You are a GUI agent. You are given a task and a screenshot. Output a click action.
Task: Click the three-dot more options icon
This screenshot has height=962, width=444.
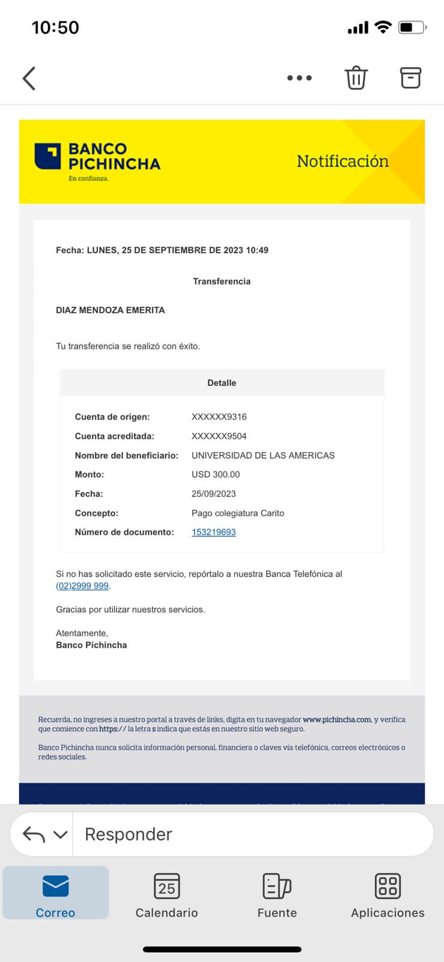pyautogui.click(x=299, y=78)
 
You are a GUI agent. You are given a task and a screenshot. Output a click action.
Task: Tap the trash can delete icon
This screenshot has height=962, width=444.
pyautogui.click(x=356, y=78)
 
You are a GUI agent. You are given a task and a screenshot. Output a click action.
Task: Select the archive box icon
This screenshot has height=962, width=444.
pyautogui.click(x=410, y=78)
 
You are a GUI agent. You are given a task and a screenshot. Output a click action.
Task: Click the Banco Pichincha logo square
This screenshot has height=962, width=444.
pyautogui.click(x=47, y=156)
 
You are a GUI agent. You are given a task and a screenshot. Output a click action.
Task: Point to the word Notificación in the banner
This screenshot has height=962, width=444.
pyautogui.click(x=342, y=161)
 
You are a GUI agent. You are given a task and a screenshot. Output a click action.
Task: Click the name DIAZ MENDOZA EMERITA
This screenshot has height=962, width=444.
pyautogui.click(x=111, y=310)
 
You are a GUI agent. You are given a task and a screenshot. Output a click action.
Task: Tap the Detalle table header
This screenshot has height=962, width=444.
pyautogui.click(x=222, y=383)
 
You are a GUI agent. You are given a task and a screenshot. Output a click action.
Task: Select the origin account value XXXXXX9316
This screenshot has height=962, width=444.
pyautogui.click(x=219, y=417)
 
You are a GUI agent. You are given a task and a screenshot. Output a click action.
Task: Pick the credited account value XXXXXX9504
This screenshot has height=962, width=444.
pyautogui.click(x=219, y=436)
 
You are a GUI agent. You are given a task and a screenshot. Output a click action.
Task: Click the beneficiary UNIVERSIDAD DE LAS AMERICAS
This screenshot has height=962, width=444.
pyautogui.click(x=263, y=455)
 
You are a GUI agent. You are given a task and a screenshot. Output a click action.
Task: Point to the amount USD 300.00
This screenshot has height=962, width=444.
pyautogui.click(x=216, y=474)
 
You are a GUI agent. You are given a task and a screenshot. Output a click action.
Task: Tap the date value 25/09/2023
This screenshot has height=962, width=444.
pyautogui.click(x=214, y=494)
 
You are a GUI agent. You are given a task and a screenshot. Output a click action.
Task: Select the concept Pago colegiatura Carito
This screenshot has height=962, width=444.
pyautogui.click(x=238, y=513)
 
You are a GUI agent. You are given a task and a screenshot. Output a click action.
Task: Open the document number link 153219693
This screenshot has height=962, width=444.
pyautogui.click(x=214, y=532)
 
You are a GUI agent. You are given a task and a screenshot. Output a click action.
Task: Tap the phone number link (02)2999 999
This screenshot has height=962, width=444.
pyautogui.click(x=82, y=586)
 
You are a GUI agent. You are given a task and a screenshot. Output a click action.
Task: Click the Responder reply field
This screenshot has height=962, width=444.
pyautogui.click(x=252, y=834)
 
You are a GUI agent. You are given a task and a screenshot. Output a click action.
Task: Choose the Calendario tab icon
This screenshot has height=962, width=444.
pyautogui.click(x=166, y=886)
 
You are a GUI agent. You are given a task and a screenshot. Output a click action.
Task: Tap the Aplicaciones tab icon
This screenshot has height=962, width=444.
pyautogui.click(x=388, y=886)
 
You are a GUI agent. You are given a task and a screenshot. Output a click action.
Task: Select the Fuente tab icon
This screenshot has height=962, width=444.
pyautogui.click(x=277, y=886)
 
